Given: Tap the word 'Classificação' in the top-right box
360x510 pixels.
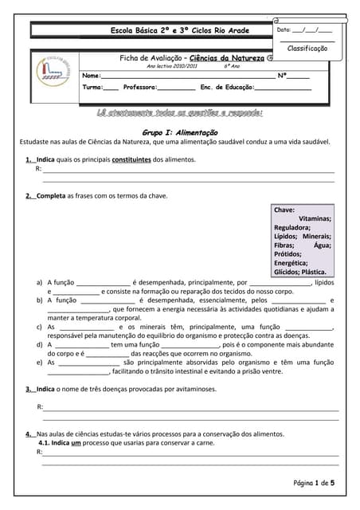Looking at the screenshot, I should coord(307,49).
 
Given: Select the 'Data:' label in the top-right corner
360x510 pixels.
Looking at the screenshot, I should coord(284,29).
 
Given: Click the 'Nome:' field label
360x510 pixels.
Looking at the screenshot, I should coord(92,76).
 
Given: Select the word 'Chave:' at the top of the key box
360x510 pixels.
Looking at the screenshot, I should coord(284,210).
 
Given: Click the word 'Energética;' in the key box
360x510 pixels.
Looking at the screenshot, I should coord(291,262).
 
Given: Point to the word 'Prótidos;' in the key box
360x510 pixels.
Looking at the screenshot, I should coord(288,253).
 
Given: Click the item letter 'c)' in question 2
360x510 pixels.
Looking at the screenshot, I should coord(41,327).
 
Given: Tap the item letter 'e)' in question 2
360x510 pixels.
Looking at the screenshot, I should coord(41,362).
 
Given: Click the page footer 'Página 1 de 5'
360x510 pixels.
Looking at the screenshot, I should coord(315,483).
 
